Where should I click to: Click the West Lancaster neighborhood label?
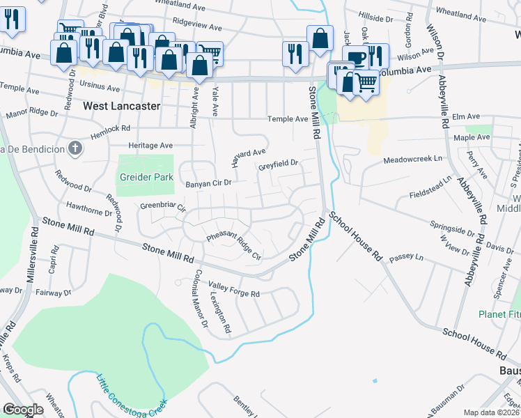point(121,107)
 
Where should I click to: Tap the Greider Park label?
point(146,177)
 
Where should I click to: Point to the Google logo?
point(23,410)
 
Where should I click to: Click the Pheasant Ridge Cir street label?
point(233,247)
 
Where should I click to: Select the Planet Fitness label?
point(499,314)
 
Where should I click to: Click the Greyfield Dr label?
point(278,166)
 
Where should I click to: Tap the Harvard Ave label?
point(249,157)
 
